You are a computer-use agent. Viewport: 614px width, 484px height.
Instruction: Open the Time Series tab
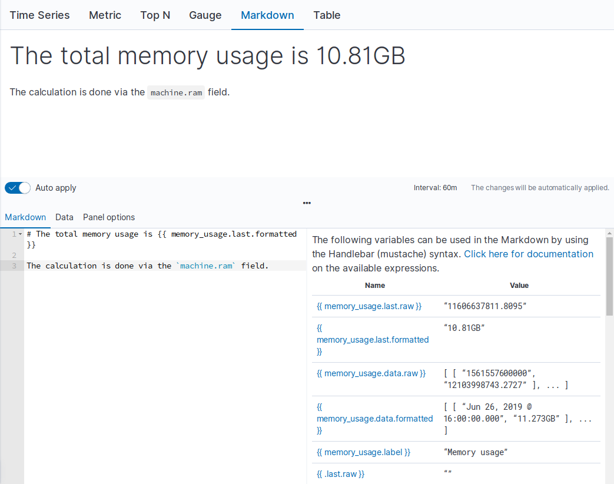[x=39, y=15]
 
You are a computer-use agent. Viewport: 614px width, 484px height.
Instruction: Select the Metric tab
[x=105, y=15]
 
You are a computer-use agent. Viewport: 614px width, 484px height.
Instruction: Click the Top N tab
[x=155, y=15]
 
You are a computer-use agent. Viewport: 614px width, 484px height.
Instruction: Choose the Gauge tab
[x=205, y=15]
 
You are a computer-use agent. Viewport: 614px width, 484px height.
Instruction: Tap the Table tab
[x=327, y=15]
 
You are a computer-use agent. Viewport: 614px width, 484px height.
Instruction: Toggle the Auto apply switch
[x=18, y=188]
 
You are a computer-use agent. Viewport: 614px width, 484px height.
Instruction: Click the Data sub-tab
[x=64, y=217]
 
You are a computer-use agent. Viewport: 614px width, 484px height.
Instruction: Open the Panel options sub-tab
[x=109, y=217]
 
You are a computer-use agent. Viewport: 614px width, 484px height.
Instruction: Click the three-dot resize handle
[x=307, y=203]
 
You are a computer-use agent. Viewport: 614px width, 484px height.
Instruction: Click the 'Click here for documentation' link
[x=528, y=254]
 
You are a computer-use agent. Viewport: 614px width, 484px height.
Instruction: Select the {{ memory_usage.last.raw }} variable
[x=369, y=306]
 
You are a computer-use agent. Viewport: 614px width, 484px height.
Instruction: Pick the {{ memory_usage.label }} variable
[x=363, y=452]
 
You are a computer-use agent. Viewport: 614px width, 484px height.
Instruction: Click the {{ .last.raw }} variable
[x=340, y=474]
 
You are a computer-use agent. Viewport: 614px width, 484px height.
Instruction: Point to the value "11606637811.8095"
[x=485, y=306]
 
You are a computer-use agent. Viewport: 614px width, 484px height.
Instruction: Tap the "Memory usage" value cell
[x=476, y=452]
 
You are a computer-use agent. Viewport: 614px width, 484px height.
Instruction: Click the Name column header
[x=375, y=285]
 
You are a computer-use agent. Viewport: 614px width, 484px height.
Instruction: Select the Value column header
[x=519, y=285]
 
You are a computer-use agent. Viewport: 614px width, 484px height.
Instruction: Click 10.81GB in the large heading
[x=360, y=56]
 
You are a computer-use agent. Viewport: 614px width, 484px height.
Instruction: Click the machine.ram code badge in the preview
[x=176, y=92]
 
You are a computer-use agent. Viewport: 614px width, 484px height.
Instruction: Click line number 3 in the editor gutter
[x=14, y=266]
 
